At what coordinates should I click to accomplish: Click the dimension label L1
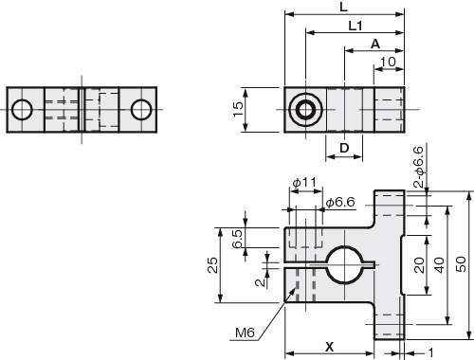point(355,26)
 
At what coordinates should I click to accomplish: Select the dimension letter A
point(375,45)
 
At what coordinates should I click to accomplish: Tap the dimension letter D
point(344,148)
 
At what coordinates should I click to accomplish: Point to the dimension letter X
point(329,348)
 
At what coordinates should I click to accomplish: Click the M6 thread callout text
point(246,333)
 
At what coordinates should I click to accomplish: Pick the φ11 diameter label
point(304,183)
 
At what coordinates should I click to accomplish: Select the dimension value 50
point(461,264)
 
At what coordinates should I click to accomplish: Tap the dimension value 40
point(440,264)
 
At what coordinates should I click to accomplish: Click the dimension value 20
point(419,265)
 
